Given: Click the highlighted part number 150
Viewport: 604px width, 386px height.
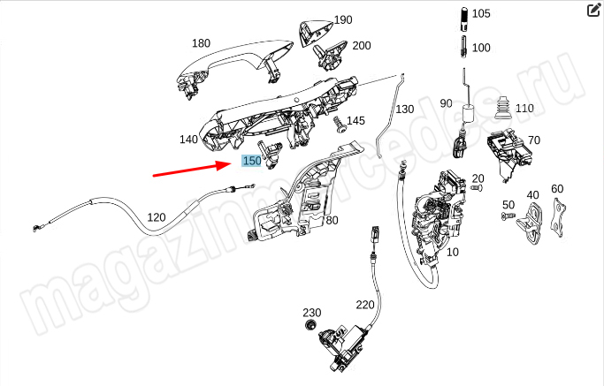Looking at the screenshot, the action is [x=252, y=161].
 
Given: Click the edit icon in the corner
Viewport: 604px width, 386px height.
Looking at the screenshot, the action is [x=593, y=11].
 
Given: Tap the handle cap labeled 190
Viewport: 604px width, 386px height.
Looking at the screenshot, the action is [x=315, y=33].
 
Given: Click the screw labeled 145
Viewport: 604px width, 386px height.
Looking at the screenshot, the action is [x=340, y=125].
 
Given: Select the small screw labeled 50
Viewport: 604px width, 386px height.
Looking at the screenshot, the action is [x=508, y=216].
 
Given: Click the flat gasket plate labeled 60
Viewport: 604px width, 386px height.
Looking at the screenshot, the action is [x=558, y=218].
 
